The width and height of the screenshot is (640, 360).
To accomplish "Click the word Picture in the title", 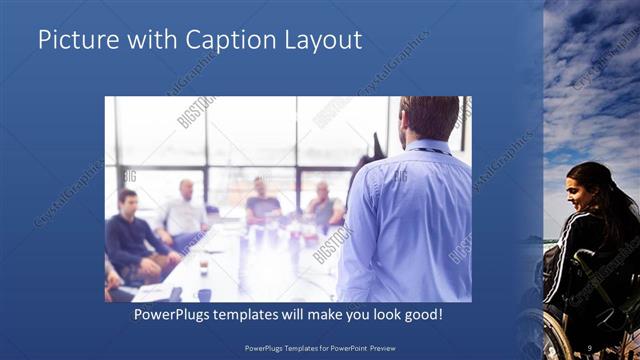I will (x=74, y=40).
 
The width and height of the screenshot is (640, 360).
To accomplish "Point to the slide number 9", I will (x=592, y=349).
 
